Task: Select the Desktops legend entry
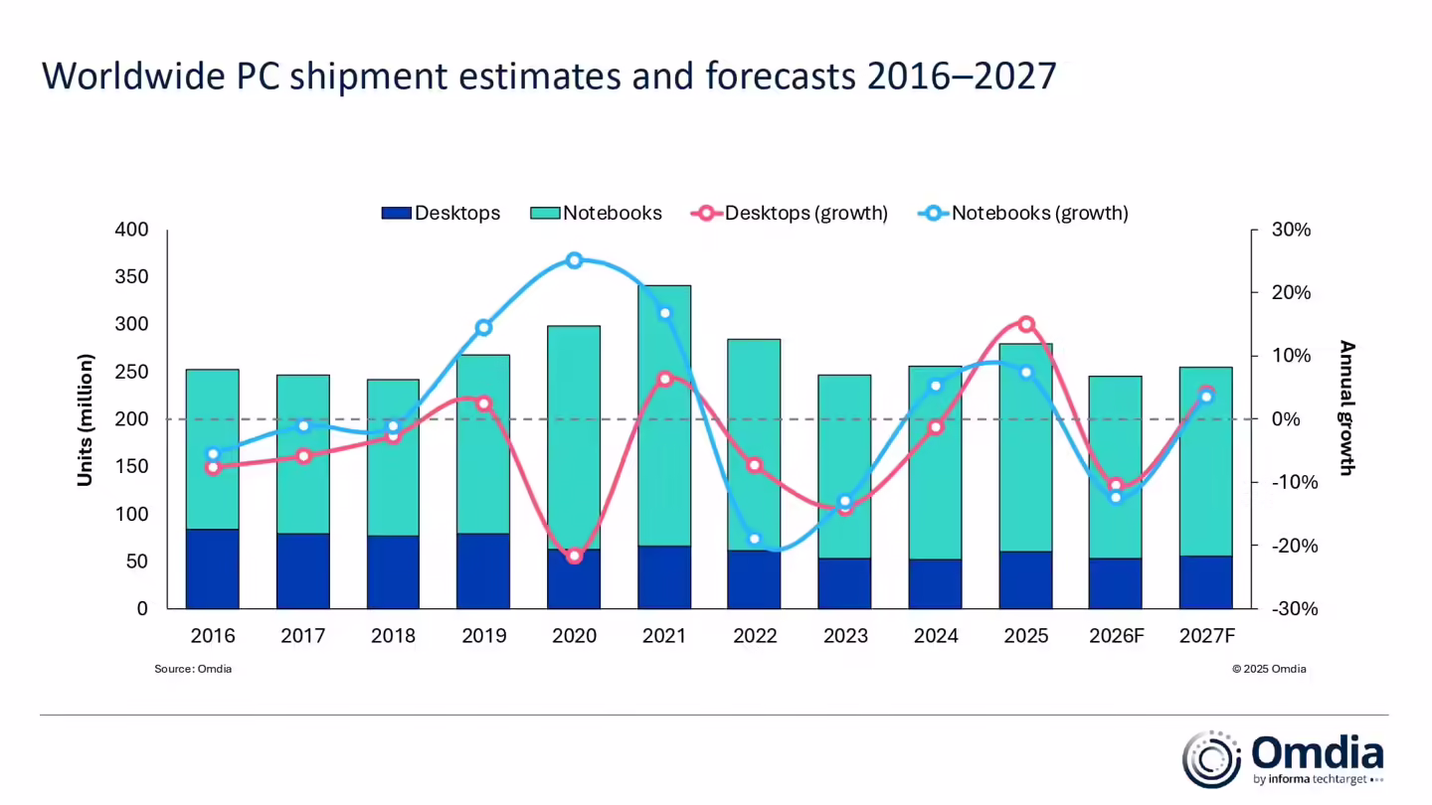[441, 213]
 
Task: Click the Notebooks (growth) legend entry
[1023, 213]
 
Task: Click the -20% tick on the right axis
[1290, 546]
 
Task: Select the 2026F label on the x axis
[1116, 636]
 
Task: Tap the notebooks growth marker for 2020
[574, 260]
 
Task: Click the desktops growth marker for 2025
[1026, 324]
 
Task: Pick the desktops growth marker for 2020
[574, 556]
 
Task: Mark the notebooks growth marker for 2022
[755, 539]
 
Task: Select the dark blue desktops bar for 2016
[212, 568]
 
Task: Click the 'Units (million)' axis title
[86, 419]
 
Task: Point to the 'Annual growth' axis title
[1346, 407]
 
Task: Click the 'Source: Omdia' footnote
[193, 669]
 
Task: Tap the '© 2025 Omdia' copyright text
[1269, 669]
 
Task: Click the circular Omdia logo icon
[1210, 759]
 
